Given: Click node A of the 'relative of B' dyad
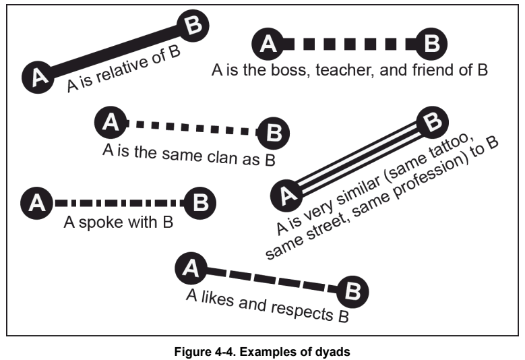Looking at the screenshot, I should [39, 77].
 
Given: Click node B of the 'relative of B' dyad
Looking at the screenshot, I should [193, 26].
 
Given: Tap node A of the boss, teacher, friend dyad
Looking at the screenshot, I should [268, 44].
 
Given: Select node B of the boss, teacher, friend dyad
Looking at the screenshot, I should [432, 44].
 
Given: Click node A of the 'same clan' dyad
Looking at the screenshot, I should [111, 122].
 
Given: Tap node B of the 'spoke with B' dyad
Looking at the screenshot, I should [200, 202].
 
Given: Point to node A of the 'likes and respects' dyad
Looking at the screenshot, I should [191, 269].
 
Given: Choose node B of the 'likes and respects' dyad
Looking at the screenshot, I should [352, 291].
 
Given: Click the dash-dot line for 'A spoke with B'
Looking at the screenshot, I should [118, 202].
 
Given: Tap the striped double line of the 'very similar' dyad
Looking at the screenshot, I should [361, 159].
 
